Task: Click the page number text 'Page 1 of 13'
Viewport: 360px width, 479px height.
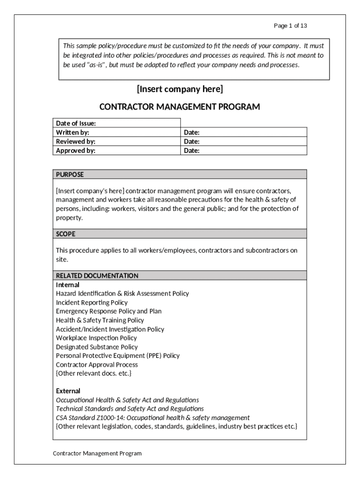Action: (x=290, y=26)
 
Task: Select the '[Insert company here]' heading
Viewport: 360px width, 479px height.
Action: (x=180, y=89)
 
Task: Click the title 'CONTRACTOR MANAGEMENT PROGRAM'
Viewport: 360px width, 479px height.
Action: (x=180, y=107)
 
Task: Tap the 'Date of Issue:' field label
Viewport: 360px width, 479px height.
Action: (x=76, y=123)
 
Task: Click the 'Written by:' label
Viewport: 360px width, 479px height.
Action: (x=72, y=132)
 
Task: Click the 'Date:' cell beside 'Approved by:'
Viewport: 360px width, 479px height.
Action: (x=192, y=151)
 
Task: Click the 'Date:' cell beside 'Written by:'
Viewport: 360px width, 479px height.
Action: (x=192, y=132)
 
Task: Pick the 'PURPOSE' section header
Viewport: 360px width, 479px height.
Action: (x=70, y=174)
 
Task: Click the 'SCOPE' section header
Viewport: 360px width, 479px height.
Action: (x=66, y=233)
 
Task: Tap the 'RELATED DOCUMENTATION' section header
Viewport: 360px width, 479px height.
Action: (x=97, y=276)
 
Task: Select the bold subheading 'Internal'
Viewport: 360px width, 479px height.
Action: (x=68, y=285)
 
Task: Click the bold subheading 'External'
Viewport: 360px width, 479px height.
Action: (x=68, y=391)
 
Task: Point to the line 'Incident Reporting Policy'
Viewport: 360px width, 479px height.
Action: (x=92, y=303)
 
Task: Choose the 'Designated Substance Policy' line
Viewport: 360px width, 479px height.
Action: (x=97, y=347)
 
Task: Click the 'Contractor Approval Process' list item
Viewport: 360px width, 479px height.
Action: (x=97, y=364)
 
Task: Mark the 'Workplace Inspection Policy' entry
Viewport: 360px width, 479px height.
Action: (x=96, y=338)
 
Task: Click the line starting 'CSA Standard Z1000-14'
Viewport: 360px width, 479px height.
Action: (x=153, y=417)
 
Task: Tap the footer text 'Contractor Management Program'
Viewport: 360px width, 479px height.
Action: (x=97, y=453)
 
